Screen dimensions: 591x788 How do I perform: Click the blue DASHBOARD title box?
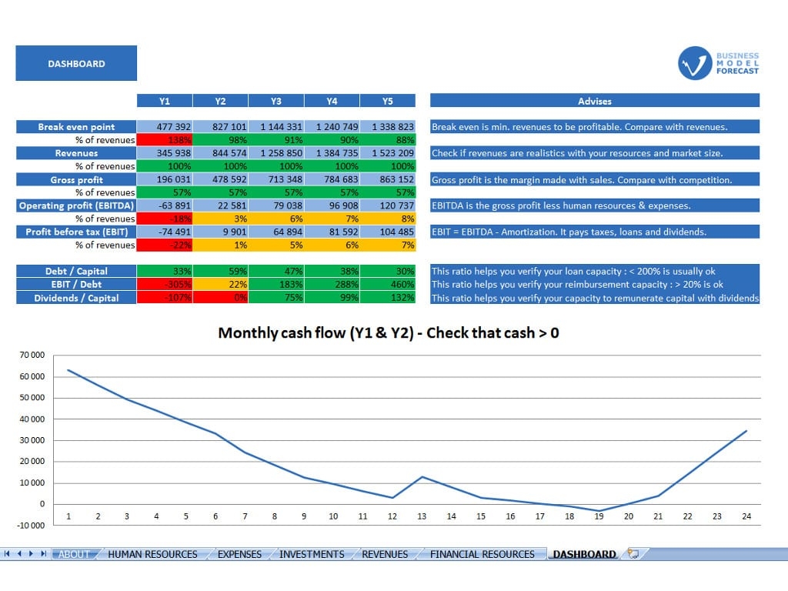pos(76,63)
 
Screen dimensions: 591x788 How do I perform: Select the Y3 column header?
pos(275,101)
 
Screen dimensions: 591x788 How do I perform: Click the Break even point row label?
pos(76,127)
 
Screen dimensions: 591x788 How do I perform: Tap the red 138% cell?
pos(164,140)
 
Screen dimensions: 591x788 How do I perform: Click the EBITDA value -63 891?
pos(164,205)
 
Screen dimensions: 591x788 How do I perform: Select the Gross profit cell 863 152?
pos(387,179)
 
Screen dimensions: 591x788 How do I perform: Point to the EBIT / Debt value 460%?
pos(387,285)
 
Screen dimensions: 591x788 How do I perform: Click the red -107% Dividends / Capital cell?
pos(164,298)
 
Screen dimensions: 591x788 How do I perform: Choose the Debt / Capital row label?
pos(76,271)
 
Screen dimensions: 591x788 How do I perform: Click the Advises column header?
pos(594,101)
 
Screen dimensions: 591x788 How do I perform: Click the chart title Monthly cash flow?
pos(389,333)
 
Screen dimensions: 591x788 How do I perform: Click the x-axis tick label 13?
pos(422,516)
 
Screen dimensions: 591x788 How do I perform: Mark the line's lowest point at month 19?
pos(599,510)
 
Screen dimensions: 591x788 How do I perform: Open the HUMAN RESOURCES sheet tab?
pos(152,554)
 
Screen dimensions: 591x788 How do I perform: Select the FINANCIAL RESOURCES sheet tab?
pos(482,554)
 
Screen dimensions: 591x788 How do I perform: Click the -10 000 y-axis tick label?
pos(31,526)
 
